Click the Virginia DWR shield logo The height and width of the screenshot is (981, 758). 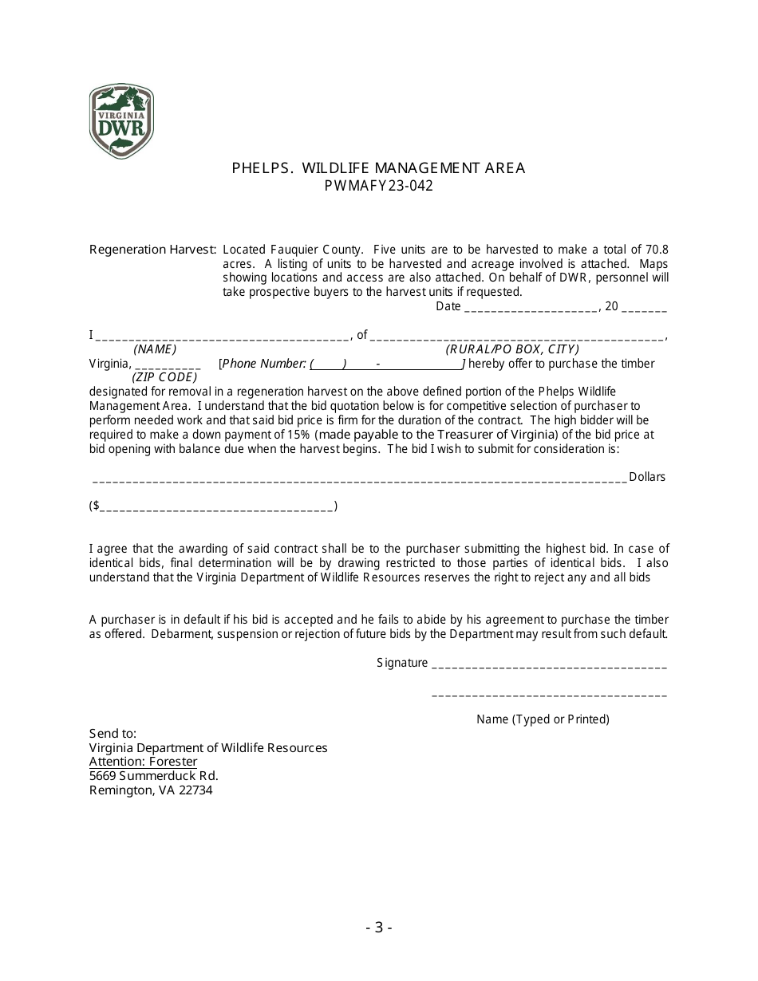121,121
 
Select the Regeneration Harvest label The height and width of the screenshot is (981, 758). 152,249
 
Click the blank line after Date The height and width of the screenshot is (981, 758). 531,307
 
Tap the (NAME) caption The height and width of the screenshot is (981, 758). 155,349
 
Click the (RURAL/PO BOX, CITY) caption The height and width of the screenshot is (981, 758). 512,349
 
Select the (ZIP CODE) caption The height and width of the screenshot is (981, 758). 164,377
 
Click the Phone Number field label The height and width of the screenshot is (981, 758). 264,364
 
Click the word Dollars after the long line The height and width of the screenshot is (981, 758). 647,477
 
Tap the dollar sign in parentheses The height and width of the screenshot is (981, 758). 97,506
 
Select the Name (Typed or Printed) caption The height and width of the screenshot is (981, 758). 543,719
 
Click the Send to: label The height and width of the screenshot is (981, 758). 113,733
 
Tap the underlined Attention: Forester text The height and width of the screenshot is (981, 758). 143,762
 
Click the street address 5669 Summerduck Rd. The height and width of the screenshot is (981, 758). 153,776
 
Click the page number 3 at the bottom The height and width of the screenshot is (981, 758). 379,927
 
